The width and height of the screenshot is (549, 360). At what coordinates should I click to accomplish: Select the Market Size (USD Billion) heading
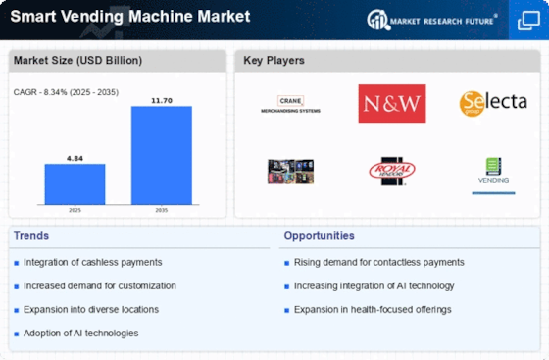tap(77, 61)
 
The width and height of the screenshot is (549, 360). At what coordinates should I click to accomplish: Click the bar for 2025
tap(75, 183)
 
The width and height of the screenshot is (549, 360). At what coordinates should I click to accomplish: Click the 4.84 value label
tap(75, 156)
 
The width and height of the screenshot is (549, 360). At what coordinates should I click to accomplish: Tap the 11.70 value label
tap(162, 99)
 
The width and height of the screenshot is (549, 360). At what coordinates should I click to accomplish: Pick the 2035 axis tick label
tap(162, 210)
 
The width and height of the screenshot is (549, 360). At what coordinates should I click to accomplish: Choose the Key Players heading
tap(275, 61)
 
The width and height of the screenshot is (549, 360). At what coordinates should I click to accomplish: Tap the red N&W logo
tap(392, 103)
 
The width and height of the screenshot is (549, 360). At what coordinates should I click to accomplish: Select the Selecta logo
tap(492, 103)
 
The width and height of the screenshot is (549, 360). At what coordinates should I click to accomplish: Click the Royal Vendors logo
tap(392, 173)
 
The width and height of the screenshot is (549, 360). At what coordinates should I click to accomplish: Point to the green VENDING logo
tap(492, 173)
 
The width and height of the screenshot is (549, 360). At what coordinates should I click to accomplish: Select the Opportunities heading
tap(319, 235)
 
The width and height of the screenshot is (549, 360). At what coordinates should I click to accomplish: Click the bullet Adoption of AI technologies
tap(81, 333)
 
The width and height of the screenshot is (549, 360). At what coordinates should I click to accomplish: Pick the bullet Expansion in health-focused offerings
tap(372, 309)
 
